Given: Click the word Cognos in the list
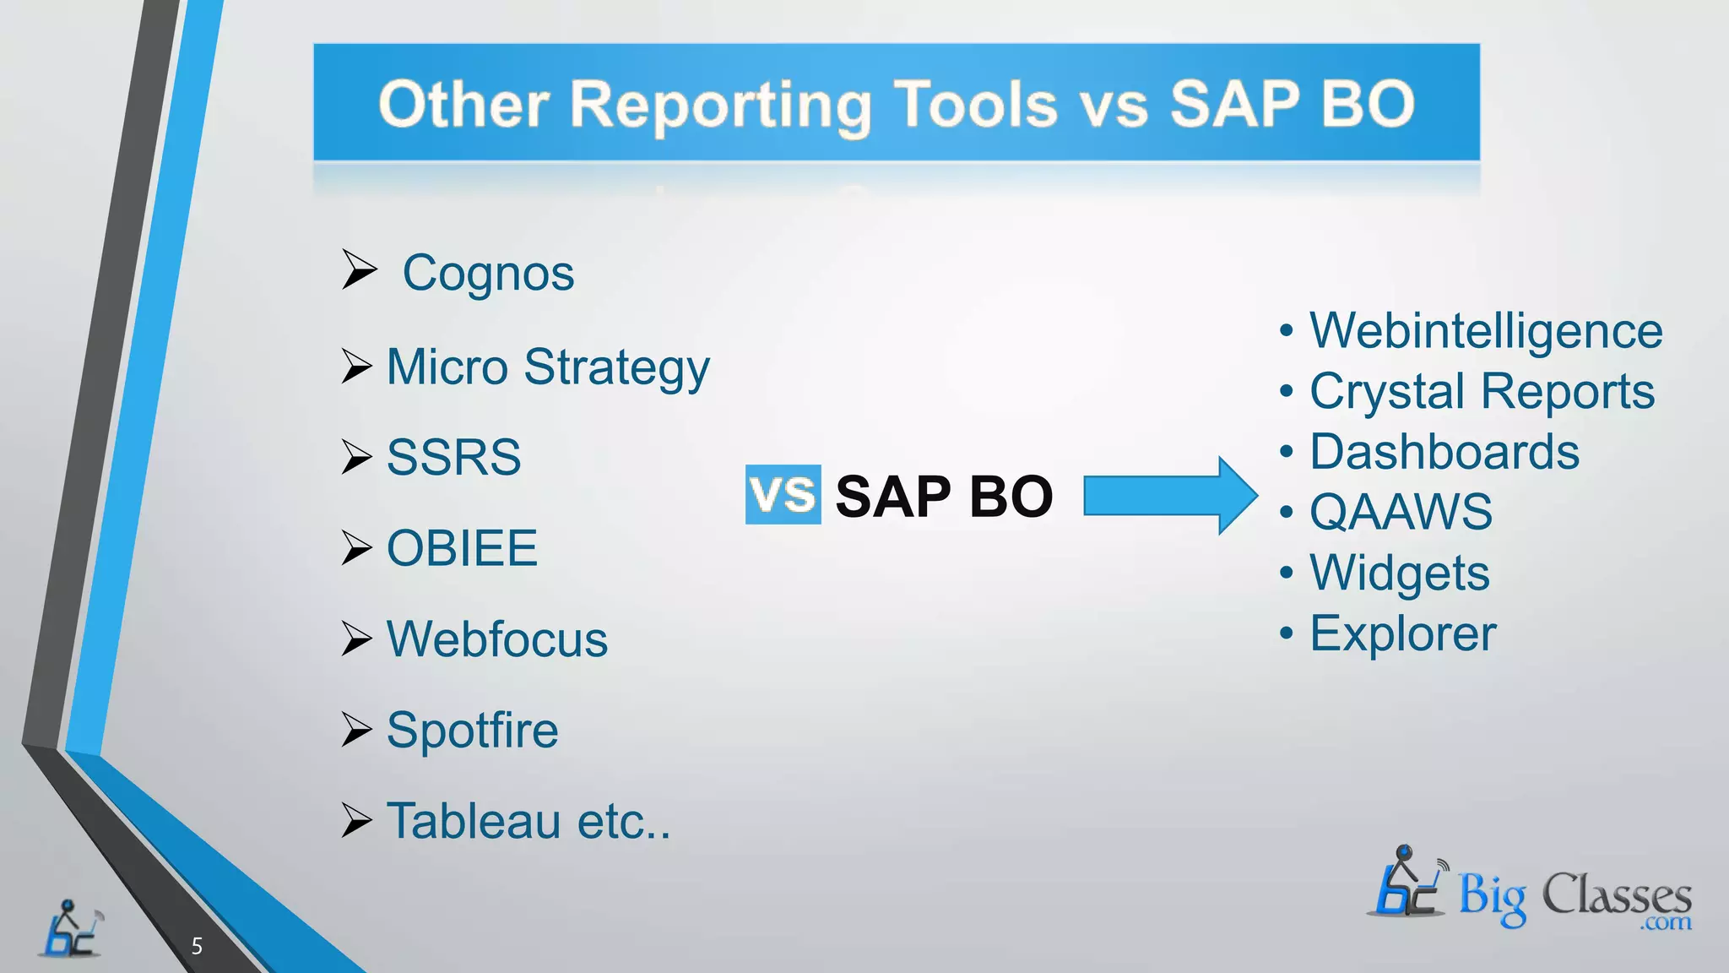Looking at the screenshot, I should click(x=488, y=274).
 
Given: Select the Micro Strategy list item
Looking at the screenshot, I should click(x=548, y=367).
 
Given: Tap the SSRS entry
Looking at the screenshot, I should click(x=453, y=458).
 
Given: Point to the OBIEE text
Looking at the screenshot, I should click(x=462, y=548).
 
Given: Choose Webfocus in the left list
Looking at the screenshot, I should click(x=496, y=639).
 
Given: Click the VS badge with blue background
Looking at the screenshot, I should click(x=783, y=494).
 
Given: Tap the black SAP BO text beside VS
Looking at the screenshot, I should click(x=944, y=496).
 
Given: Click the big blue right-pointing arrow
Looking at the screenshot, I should click(x=1169, y=496).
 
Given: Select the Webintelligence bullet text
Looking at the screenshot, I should click(x=1485, y=330).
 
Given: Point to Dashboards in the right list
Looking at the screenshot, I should click(x=1444, y=452).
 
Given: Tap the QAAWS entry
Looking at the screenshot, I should click(x=1401, y=512).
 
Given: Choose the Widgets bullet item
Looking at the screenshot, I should click(x=1399, y=573).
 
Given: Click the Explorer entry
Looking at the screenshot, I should click(x=1402, y=633).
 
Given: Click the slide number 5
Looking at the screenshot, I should click(x=197, y=946).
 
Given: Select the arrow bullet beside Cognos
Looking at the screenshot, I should click(x=359, y=269).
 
